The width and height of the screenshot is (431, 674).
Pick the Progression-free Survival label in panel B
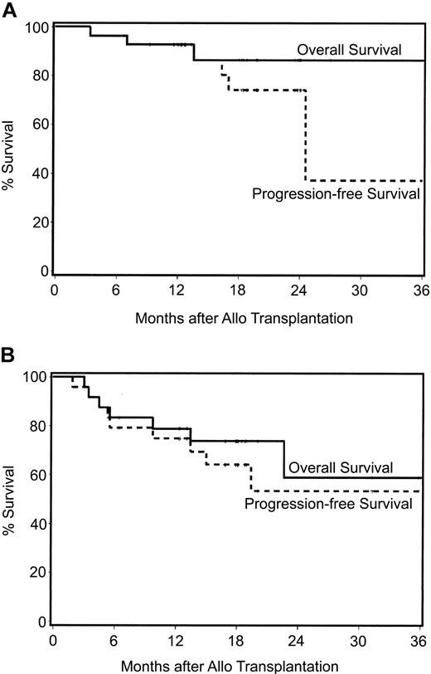click(328, 502)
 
